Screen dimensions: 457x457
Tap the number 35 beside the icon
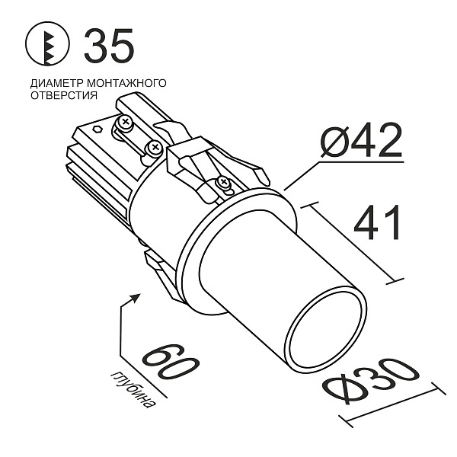click(x=109, y=46)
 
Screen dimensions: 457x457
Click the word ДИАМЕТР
click(x=54, y=82)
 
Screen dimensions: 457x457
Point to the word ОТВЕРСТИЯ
click(x=64, y=96)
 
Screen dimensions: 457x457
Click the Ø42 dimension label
click(x=360, y=140)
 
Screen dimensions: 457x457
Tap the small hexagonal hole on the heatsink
click(x=97, y=129)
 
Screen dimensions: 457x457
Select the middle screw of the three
click(x=155, y=146)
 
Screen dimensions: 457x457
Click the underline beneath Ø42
click(x=358, y=161)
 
